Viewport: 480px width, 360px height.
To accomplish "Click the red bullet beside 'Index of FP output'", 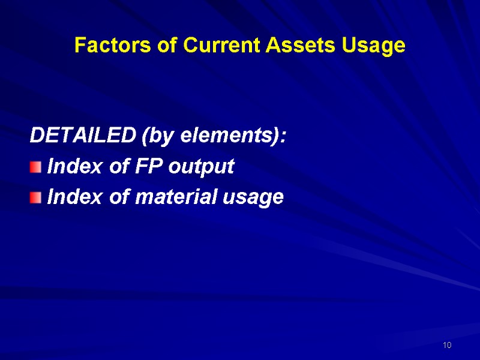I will [36, 167].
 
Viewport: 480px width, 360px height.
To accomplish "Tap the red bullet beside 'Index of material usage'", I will [36, 197].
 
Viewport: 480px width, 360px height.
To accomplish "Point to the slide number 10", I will [446, 346].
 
